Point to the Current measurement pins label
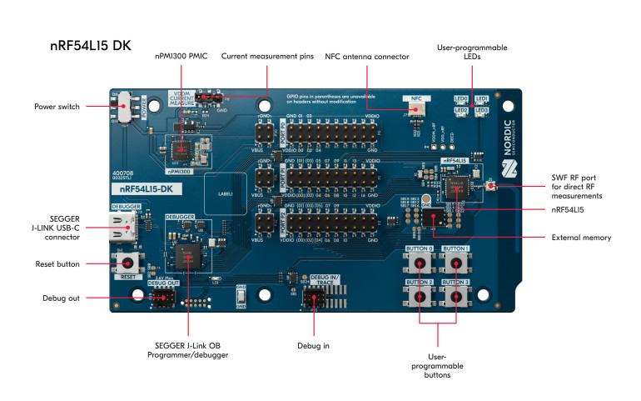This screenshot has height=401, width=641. [267, 57]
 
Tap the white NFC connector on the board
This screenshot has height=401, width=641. [413, 108]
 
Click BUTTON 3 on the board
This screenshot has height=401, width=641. [455, 295]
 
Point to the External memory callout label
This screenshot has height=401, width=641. [581, 238]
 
